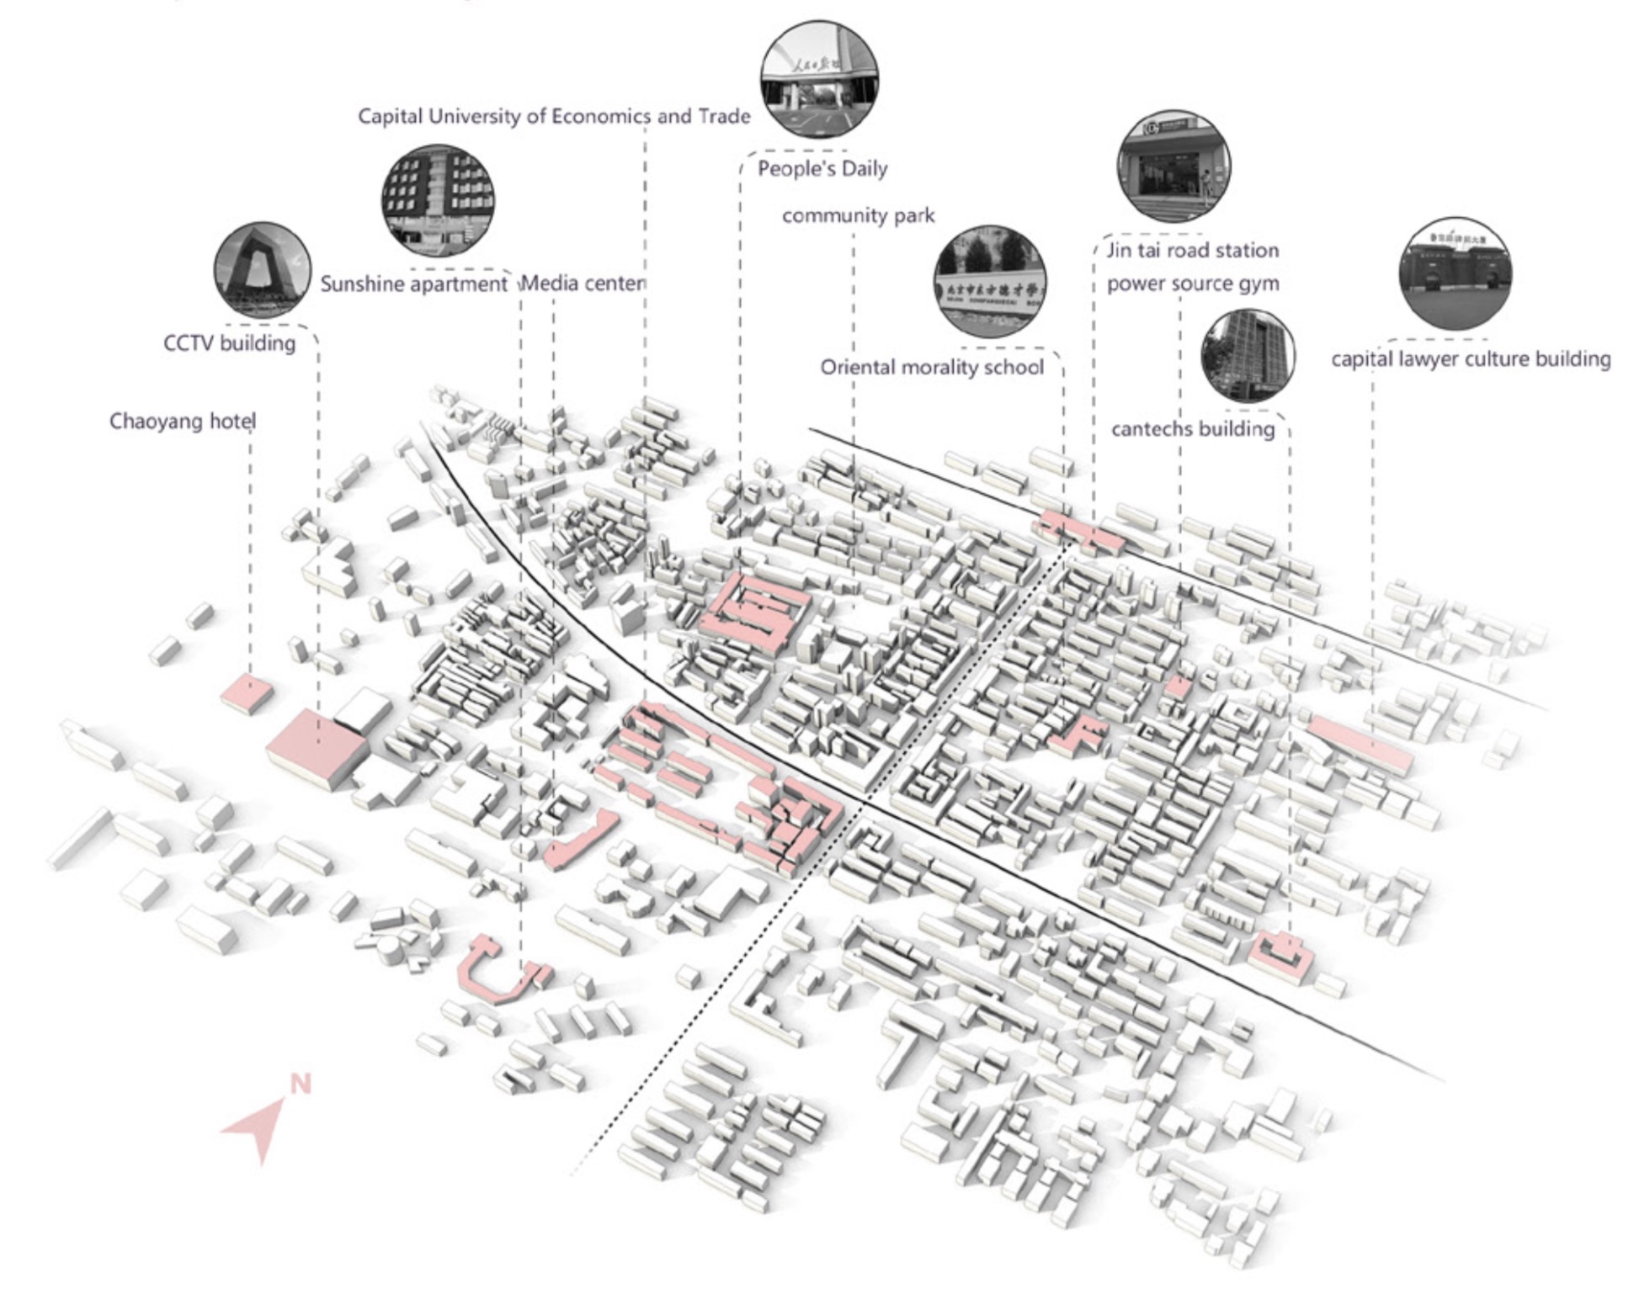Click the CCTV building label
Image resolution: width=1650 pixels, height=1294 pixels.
[229, 343]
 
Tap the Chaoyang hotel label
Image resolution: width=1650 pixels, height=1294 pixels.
[182, 421]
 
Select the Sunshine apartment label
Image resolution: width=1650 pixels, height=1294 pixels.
[413, 284]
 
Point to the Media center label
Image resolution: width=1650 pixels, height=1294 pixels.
[583, 284]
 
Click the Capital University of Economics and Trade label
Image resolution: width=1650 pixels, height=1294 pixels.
[554, 116]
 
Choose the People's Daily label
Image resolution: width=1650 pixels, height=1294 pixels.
[822, 169]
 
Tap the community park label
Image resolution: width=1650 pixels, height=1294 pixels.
[858, 216]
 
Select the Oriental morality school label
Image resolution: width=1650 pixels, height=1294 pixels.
[932, 368]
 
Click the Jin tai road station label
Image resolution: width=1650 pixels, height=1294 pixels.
[1192, 251]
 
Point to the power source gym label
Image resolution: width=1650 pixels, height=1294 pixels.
[1192, 284]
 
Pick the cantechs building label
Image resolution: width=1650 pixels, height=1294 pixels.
[1193, 429]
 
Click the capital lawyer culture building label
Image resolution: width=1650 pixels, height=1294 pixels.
[1471, 359]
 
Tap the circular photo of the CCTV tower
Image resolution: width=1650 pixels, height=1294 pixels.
[263, 269]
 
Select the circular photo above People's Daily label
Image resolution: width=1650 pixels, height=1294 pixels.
[819, 79]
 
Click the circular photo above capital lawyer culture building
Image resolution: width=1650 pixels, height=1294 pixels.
[1456, 273]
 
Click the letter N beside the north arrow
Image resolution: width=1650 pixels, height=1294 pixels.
[301, 1084]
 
